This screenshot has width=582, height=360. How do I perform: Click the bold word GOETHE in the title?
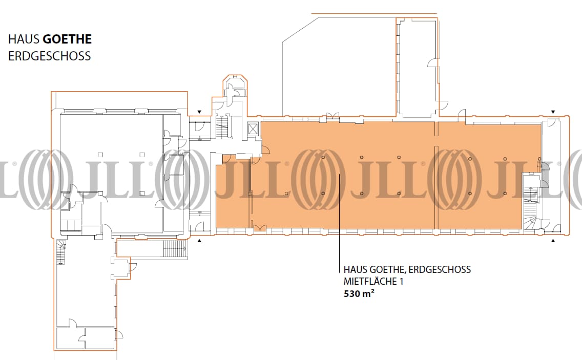click(67, 39)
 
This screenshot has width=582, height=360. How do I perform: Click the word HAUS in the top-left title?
click(24, 39)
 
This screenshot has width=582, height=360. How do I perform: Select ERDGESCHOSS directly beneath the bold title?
click(49, 56)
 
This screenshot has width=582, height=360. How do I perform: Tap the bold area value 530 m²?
click(359, 293)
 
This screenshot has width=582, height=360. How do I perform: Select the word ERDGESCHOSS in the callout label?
click(440, 269)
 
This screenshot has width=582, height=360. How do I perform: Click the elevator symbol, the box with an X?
click(253, 129)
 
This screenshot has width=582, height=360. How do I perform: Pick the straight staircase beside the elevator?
click(222, 127)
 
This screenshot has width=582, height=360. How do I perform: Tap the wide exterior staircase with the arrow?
click(175, 248)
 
